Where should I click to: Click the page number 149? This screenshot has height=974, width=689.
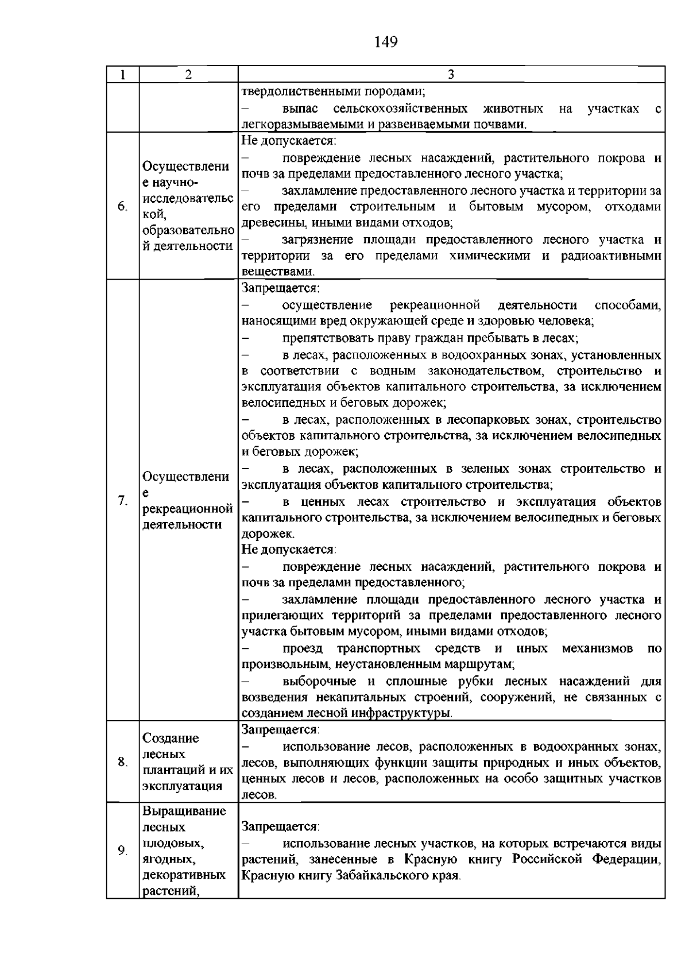click(x=386, y=42)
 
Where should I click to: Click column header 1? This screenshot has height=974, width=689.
click(x=122, y=75)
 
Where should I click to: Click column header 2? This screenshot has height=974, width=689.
click(x=188, y=75)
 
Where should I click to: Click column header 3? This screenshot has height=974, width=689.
click(x=451, y=75)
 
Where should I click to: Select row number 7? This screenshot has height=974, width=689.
click(x=122, y=500)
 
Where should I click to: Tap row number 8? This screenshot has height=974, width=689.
click(x=122, y=762)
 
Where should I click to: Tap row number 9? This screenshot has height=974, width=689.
click(x=122, y=851)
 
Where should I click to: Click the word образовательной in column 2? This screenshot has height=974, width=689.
click(x=188, y=231)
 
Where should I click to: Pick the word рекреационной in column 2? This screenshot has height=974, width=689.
click(x=187, y=509)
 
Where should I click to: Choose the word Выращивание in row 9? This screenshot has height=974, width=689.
click(x=184, y=811)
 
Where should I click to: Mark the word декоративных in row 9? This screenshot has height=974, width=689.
click(x=184, y=876)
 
